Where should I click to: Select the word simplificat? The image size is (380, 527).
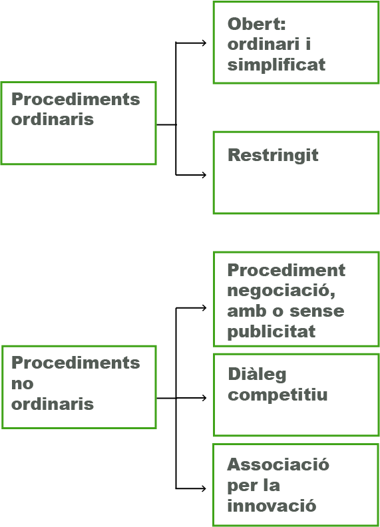click(x=276, y=65)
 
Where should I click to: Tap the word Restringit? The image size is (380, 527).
click(x=273, y=155)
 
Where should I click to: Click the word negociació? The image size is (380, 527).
click(x=281, y=290)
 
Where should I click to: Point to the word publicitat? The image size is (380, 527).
click(x=272, y=332)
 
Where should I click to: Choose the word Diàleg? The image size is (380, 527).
click(x=258, y=375)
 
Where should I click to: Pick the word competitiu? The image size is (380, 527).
click(x=278, y=395)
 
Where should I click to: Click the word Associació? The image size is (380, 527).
click(x=278, y=464)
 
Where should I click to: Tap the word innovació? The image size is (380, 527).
click(x=272, y=506)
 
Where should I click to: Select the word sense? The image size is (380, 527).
click(x=317, y=311)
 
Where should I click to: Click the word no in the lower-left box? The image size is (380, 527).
click(x=22, y=383)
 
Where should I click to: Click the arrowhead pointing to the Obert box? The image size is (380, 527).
click(x=204, y=43)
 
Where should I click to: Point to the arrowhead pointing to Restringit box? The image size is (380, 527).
click(x=204, y=175)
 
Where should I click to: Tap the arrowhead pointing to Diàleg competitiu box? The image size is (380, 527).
click(x=204, y=398)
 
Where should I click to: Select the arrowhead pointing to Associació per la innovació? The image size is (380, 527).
click(x=204, y=488)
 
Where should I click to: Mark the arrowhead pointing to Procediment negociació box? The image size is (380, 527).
click(x=204, y=308)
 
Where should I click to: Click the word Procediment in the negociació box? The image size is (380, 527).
click(x=286, y=270)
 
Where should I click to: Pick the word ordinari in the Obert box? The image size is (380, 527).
click(x=264, y=45)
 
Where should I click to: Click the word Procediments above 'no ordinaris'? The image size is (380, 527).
click(x=76, y=363)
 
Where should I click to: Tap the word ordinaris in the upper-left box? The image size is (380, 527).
click(x=53, y=119)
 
